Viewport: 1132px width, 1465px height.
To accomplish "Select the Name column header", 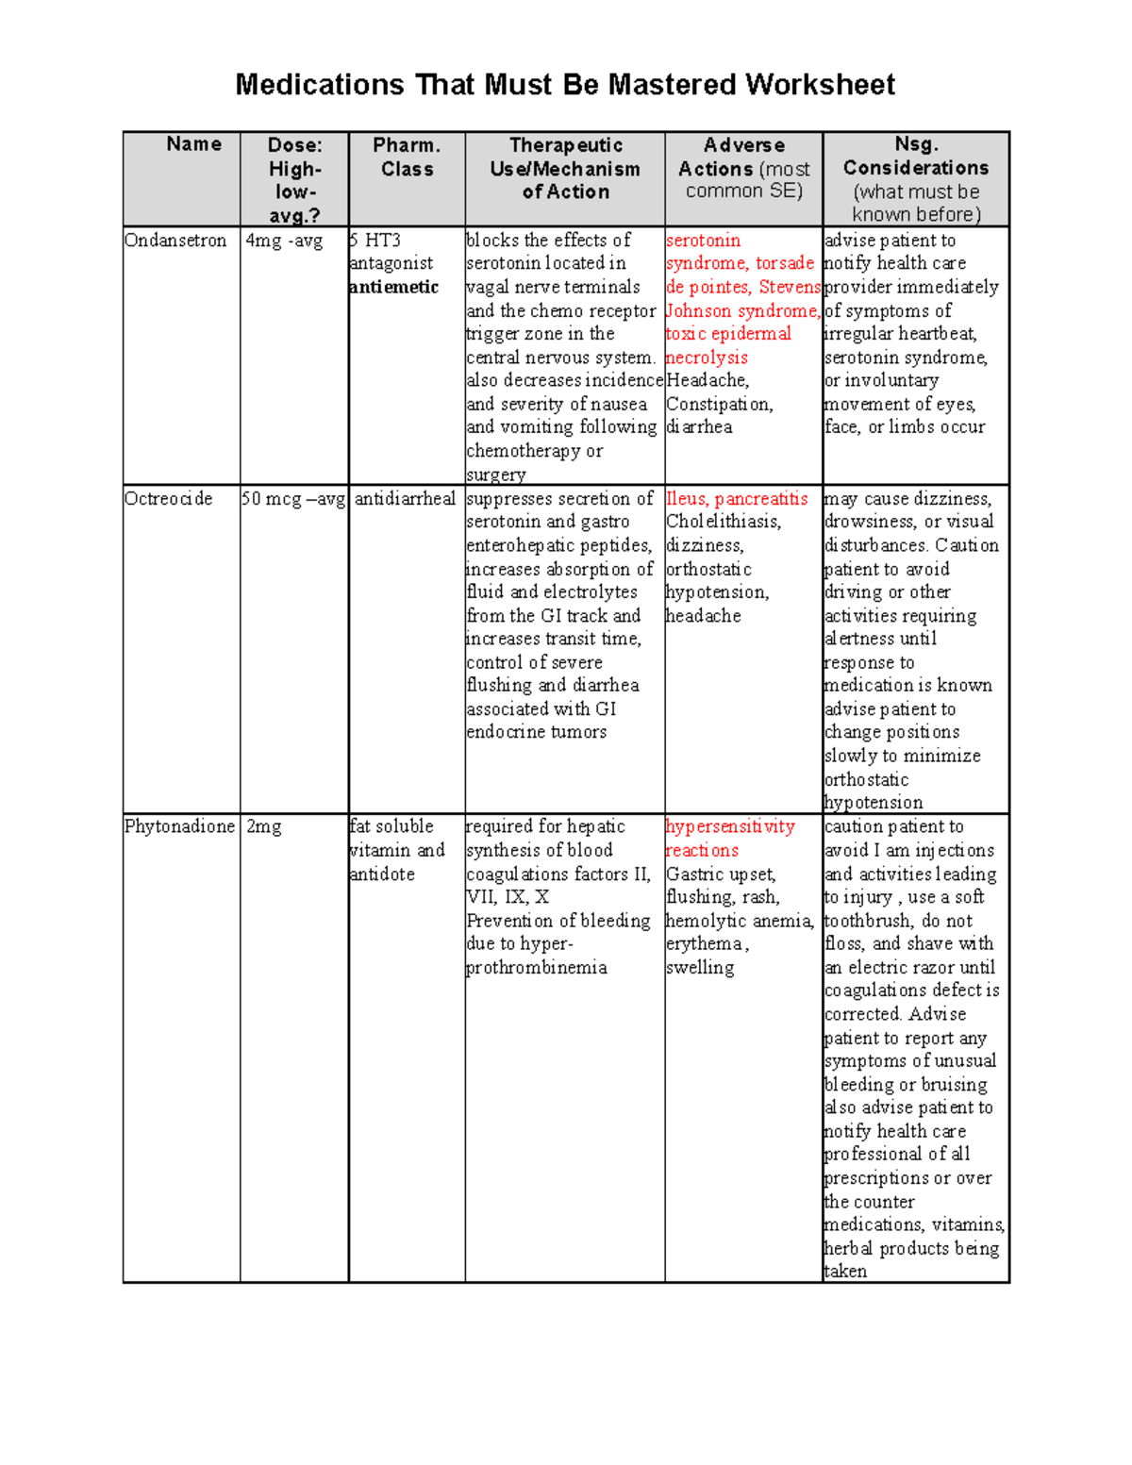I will tap(193, 144).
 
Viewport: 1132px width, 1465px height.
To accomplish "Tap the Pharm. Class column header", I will tap(407, 157).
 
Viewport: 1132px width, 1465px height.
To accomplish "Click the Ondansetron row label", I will tap(175, 241).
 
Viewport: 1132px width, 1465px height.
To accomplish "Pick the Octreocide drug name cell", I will tap(169, 499).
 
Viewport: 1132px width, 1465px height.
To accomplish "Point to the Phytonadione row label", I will tap(179, 826).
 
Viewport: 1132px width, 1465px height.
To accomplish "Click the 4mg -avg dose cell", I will tap(284, 241).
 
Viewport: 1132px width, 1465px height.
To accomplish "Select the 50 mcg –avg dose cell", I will tap(293, 499).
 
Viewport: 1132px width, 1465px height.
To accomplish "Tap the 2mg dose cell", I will tap(264, 826).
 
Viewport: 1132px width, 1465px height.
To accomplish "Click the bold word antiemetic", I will tap(393, 287).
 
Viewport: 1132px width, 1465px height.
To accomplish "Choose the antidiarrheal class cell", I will tap(405, 499).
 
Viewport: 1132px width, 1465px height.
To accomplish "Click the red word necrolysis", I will tap(707, 358).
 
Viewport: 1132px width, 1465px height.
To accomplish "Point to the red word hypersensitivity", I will tap(730, 826).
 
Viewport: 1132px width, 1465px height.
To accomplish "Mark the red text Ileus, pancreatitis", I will tap(737, 499).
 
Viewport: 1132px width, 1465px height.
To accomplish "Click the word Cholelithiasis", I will tap(724, 522).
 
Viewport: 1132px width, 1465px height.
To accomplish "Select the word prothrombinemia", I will tap(537, 967).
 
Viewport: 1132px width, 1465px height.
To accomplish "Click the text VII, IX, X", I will tap(508, 897).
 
